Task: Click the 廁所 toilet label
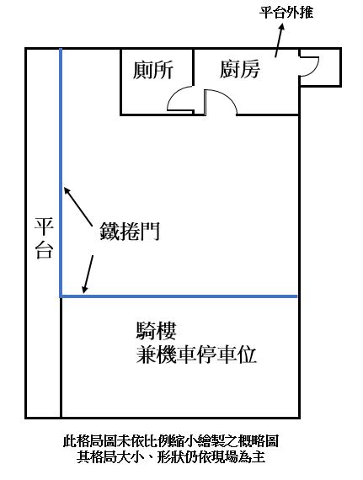tap(153, 70)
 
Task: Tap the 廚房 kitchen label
tap(240, 69)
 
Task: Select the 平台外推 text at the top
tap(286, 13)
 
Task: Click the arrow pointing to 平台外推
tap(279, 40)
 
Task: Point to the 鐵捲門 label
tap(130, 231)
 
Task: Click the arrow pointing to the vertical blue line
tap(77, 206)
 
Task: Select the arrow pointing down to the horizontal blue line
tap(88, 274)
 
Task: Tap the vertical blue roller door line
tap(61, 173)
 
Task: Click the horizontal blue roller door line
tap(179, 296)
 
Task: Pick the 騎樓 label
tap(156, 331)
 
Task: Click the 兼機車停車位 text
tap(196, 355)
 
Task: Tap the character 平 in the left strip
tap(44, 227)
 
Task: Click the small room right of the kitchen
tap(320, 67)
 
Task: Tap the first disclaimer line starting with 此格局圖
tap(171, 441)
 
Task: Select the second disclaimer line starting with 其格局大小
tap(171, 457)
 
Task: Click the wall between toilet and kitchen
tap(194, 67)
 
